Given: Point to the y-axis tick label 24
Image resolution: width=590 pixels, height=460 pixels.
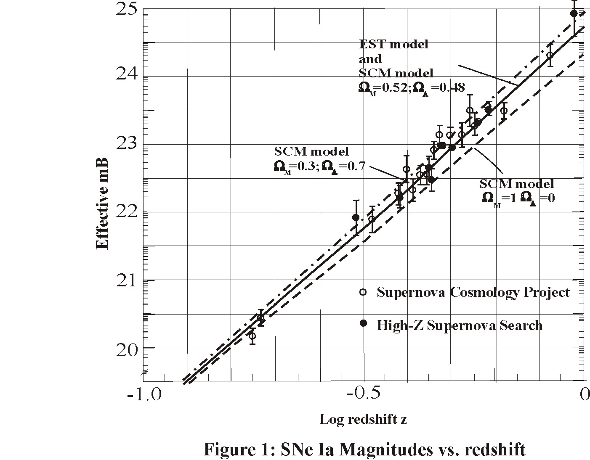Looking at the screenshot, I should (127, 76).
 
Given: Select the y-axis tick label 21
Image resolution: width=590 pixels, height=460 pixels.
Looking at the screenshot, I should (127, 280).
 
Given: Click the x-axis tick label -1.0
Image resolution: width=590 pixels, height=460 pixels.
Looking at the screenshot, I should (144, 395).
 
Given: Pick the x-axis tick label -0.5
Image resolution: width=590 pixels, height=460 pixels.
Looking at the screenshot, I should (364, 395).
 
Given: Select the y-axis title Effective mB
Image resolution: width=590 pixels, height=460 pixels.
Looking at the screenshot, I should (102, 204).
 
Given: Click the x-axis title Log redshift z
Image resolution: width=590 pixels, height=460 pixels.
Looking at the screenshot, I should (363, 419).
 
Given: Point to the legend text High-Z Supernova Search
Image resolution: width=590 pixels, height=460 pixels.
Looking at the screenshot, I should (460, 325).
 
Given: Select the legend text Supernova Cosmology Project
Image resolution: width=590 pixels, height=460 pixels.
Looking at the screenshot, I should (473, 292).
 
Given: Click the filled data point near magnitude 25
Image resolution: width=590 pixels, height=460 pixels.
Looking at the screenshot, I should (574, 13).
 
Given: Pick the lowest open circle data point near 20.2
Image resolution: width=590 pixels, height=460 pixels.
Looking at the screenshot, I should (252, 336).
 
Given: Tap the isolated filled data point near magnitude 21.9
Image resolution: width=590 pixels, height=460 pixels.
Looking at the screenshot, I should (356, 217).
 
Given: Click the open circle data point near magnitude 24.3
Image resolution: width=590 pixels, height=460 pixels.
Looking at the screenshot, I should (550, 55).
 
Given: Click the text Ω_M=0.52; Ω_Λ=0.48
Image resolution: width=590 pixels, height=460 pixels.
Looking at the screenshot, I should (412, 87).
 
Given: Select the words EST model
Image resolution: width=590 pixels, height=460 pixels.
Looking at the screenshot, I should (393, 44).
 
